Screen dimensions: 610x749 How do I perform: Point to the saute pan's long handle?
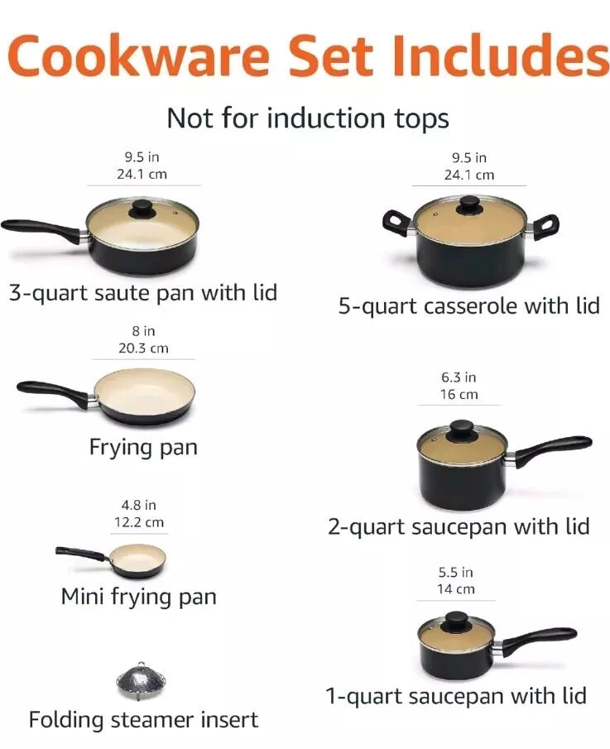click(x=43, y=229)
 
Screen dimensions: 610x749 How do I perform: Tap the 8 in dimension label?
click(x=143, y=330)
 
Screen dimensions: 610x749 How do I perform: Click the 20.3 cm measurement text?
click(x=143, y=348)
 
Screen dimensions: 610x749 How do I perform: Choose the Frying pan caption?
click(x=143, y=448)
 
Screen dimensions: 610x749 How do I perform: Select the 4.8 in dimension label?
click(x=138, y=505)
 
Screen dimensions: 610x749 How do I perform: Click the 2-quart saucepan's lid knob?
click(x=462, y=430)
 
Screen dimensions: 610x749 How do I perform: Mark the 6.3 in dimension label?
click(x=459, y=377)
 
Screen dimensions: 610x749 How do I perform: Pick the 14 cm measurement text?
click(x=456, y=589)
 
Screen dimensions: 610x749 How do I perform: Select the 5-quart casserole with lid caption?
click(x=469, y=305)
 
